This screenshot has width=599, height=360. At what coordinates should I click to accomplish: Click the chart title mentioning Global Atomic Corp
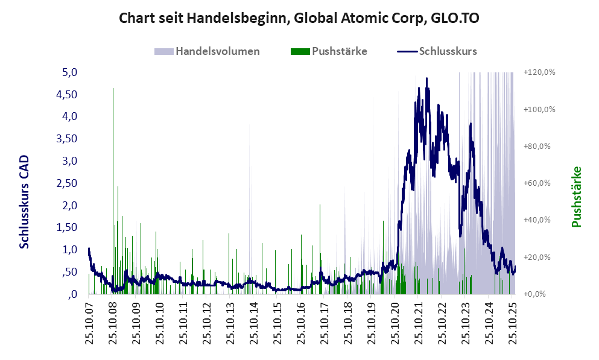pyautogui.click(x=299, y=18)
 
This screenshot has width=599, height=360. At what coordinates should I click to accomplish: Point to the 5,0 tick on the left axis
pyautogui.click(x=70, y=72)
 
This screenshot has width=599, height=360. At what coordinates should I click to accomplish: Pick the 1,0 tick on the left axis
pyautogui.click(x=70, y=250)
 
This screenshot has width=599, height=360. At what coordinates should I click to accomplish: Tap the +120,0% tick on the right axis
pyautogui.click(x=539, y=72)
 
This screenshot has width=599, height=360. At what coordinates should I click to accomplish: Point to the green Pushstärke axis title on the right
pyautogui.click(x=576, y=197)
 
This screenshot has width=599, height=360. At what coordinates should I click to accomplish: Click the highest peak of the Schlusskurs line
pyautogui.click(x=426, y=78)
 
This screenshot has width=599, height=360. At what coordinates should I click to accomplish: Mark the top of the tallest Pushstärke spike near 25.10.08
pyautogui.click(x=113, y=89)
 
